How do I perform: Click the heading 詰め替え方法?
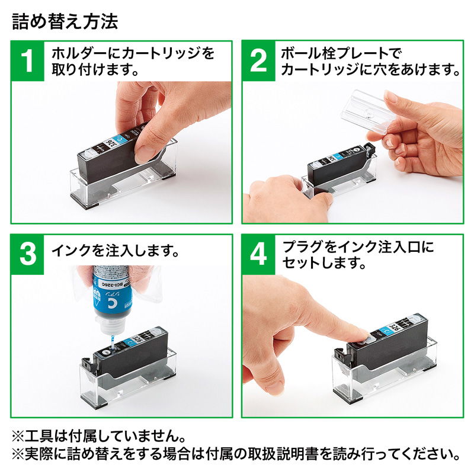pos(65,22)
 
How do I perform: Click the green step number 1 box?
pos(27,61)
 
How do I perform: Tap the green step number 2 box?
pos(259,61)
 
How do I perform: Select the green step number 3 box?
pos(27,255)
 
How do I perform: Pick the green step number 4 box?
pos(259,255)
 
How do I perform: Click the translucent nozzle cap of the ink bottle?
pos(110,325)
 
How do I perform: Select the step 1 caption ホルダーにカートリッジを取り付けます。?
pos(133,62)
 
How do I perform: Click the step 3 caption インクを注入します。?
pos(116,251)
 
